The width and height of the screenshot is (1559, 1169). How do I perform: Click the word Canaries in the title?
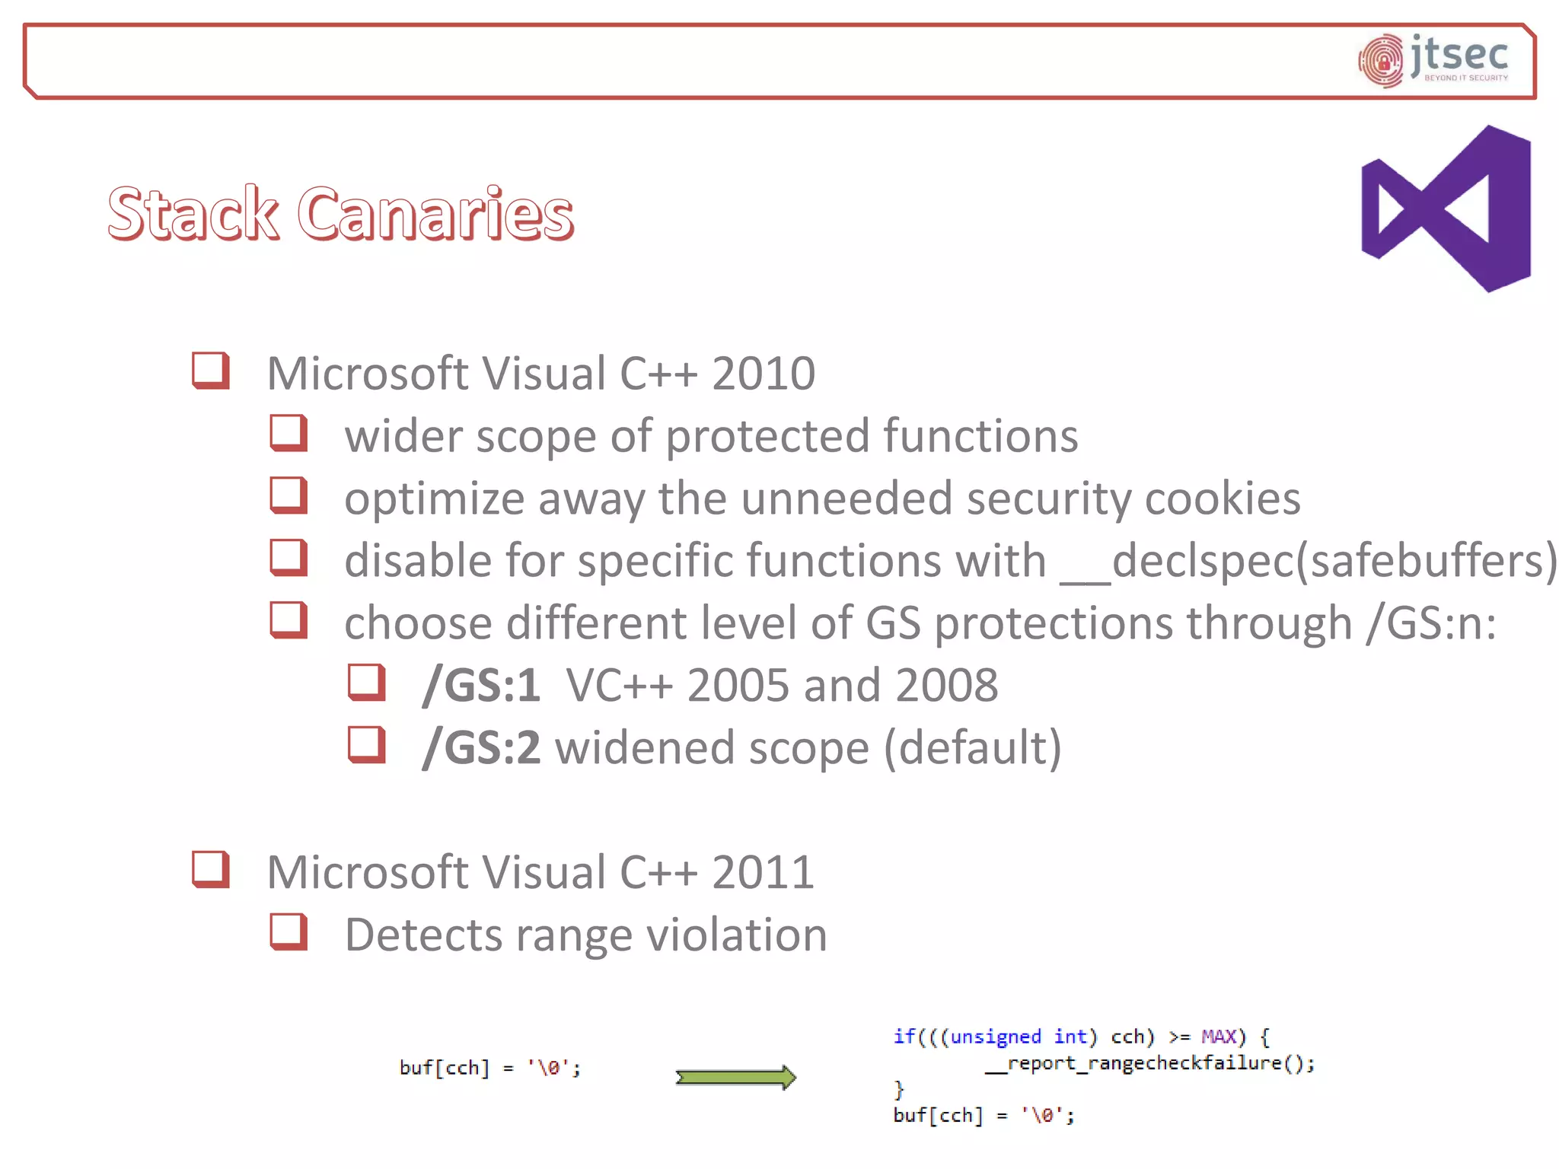click(x=435, y=214)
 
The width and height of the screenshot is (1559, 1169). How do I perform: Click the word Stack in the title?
click(x=193, y=214)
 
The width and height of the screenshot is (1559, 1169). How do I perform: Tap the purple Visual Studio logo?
click(x=1446, y=209)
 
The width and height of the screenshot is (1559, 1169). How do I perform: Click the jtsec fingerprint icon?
click(x=1381, y=61)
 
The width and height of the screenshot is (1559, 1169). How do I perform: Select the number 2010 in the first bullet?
click(x=763, y=374)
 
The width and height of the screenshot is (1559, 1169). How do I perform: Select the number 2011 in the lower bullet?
click(x=763, y=872)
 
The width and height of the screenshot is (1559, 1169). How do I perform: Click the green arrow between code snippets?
click(x=735, y=1077)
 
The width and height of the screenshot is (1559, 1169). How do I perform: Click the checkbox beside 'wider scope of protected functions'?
click(x=289, y=433)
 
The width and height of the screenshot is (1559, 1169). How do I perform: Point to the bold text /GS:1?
click(x=481, y=685)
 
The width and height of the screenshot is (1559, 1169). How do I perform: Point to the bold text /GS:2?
click(x=481, y=747)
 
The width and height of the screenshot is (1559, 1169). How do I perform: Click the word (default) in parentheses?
click(x=972, y=747)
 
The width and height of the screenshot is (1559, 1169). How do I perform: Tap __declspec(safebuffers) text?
click(x=1309, y=562)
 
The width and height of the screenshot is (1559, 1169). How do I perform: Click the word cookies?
click(x=1223, y=499)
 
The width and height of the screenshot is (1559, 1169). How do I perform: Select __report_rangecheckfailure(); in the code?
click(x=1149, y=1063)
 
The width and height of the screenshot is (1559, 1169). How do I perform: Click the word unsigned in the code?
click(x=996, y=1037)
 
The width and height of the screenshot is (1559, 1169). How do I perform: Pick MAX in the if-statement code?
click(x=1219, y=1037)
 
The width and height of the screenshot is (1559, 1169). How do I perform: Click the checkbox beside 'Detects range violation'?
click(x=289, y=932)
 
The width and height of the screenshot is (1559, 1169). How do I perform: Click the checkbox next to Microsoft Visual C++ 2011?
click(x=211, y=869)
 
